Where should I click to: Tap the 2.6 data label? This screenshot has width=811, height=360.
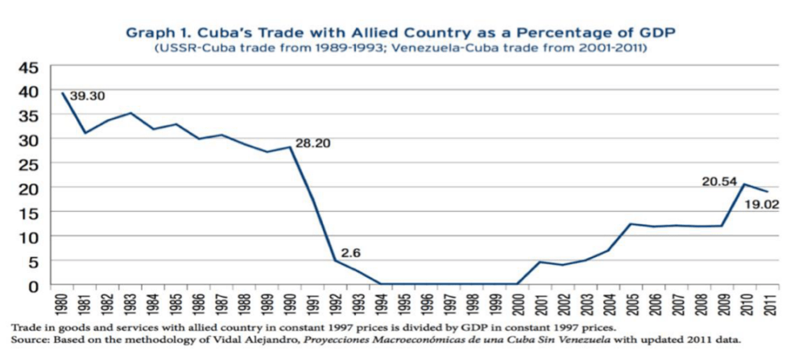350,252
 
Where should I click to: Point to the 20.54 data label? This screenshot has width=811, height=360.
718,182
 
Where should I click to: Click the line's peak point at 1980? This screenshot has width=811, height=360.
63,93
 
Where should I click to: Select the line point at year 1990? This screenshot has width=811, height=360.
290,147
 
